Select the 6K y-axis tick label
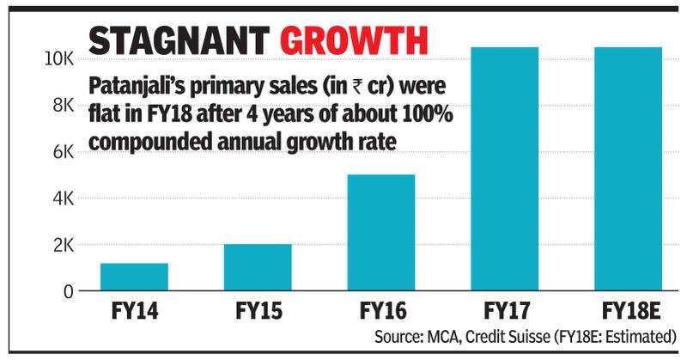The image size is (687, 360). [63, 152]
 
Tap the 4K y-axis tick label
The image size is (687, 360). [63, 198]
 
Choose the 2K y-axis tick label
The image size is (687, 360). [63, 246]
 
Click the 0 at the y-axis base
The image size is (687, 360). [68, 291]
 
